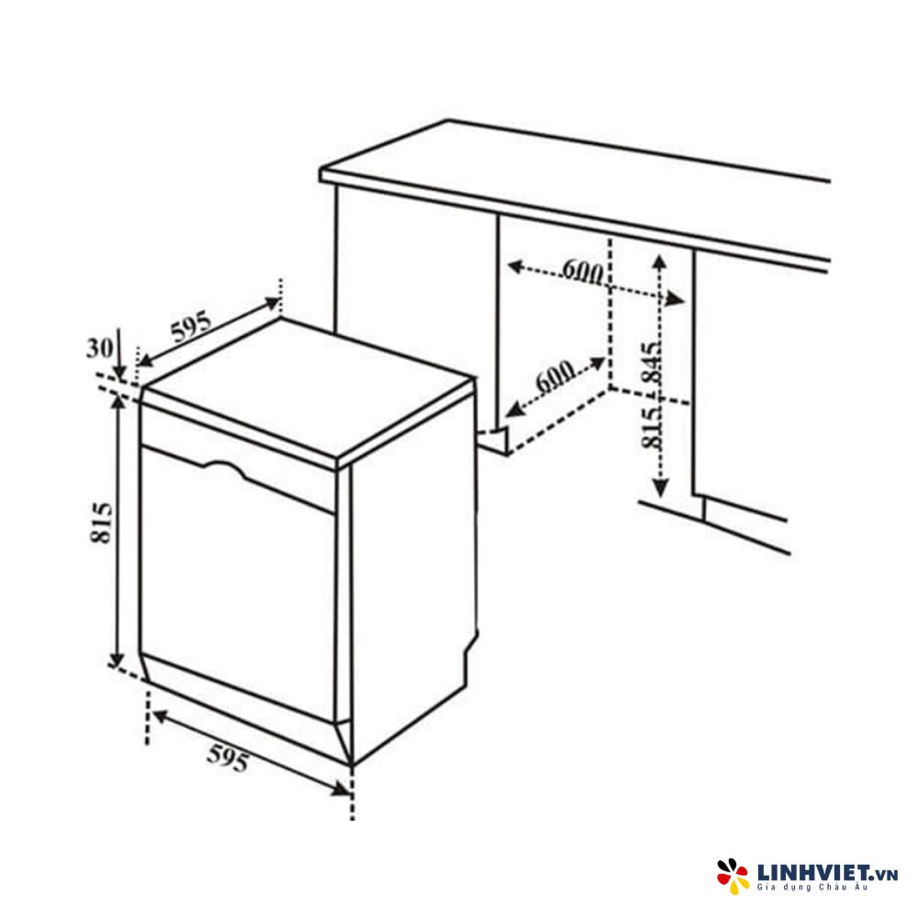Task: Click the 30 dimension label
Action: click(99, 348)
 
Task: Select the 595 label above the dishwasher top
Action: click(190, 327)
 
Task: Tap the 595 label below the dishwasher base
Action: click(228, 758)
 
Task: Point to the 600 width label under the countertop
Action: click(583, 271)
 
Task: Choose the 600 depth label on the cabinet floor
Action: click(554, 378)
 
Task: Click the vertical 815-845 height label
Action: click(651, 395)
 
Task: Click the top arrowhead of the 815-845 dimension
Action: click(660, 263)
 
